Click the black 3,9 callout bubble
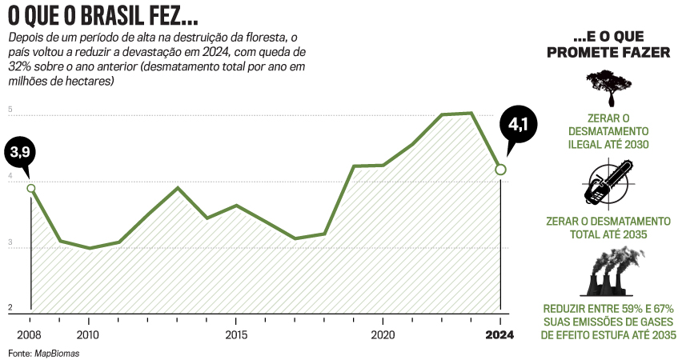[19, 150]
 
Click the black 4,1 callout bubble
[515, 126]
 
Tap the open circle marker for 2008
[31, 189]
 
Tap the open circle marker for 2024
[500, 170]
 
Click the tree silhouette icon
[608, 87]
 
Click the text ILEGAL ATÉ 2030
[608, 145]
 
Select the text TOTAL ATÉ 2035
[608, 234]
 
